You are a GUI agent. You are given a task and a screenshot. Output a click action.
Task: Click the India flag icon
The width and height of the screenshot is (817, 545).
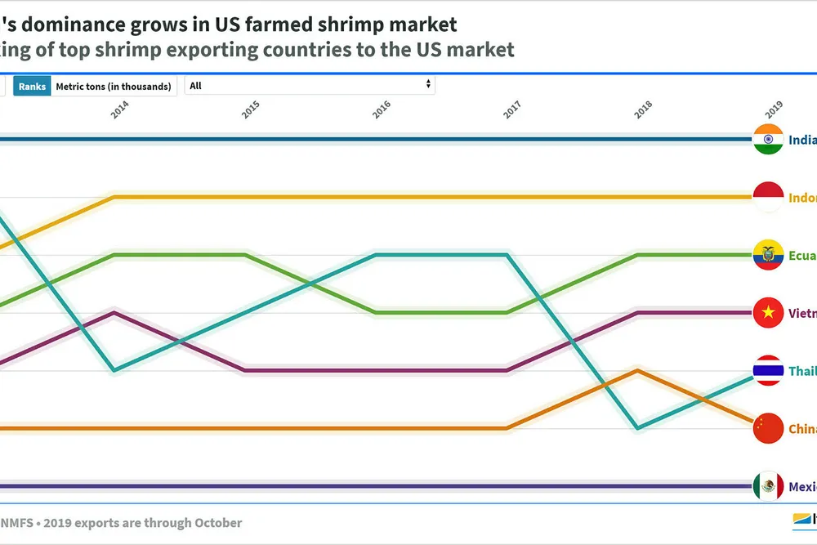point(768,140)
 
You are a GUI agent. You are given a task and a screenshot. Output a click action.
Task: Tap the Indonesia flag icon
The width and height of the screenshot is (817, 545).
point(768,197)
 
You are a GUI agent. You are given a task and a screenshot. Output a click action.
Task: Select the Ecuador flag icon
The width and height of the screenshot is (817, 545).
point(768,255)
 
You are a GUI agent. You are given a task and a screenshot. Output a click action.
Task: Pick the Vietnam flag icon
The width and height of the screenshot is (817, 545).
point(768,313)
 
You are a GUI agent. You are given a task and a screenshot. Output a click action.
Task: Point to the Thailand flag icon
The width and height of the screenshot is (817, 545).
point(768,371)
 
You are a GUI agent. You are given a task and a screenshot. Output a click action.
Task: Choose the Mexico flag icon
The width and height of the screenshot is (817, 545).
point(768,487)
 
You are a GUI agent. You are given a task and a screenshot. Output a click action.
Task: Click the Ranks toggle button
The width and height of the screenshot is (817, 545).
point(32,86)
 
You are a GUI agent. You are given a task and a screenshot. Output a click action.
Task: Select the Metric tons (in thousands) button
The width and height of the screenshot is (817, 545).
point(114,86)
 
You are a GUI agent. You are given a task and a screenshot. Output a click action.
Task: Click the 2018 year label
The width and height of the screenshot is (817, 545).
point(643,110)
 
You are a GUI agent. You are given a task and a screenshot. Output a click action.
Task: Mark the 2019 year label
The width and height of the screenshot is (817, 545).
point(774,110)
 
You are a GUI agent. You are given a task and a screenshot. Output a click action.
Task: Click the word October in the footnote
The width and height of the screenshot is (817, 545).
point(216,523)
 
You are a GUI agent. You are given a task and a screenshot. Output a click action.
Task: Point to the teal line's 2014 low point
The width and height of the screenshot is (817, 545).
point(114,370)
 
